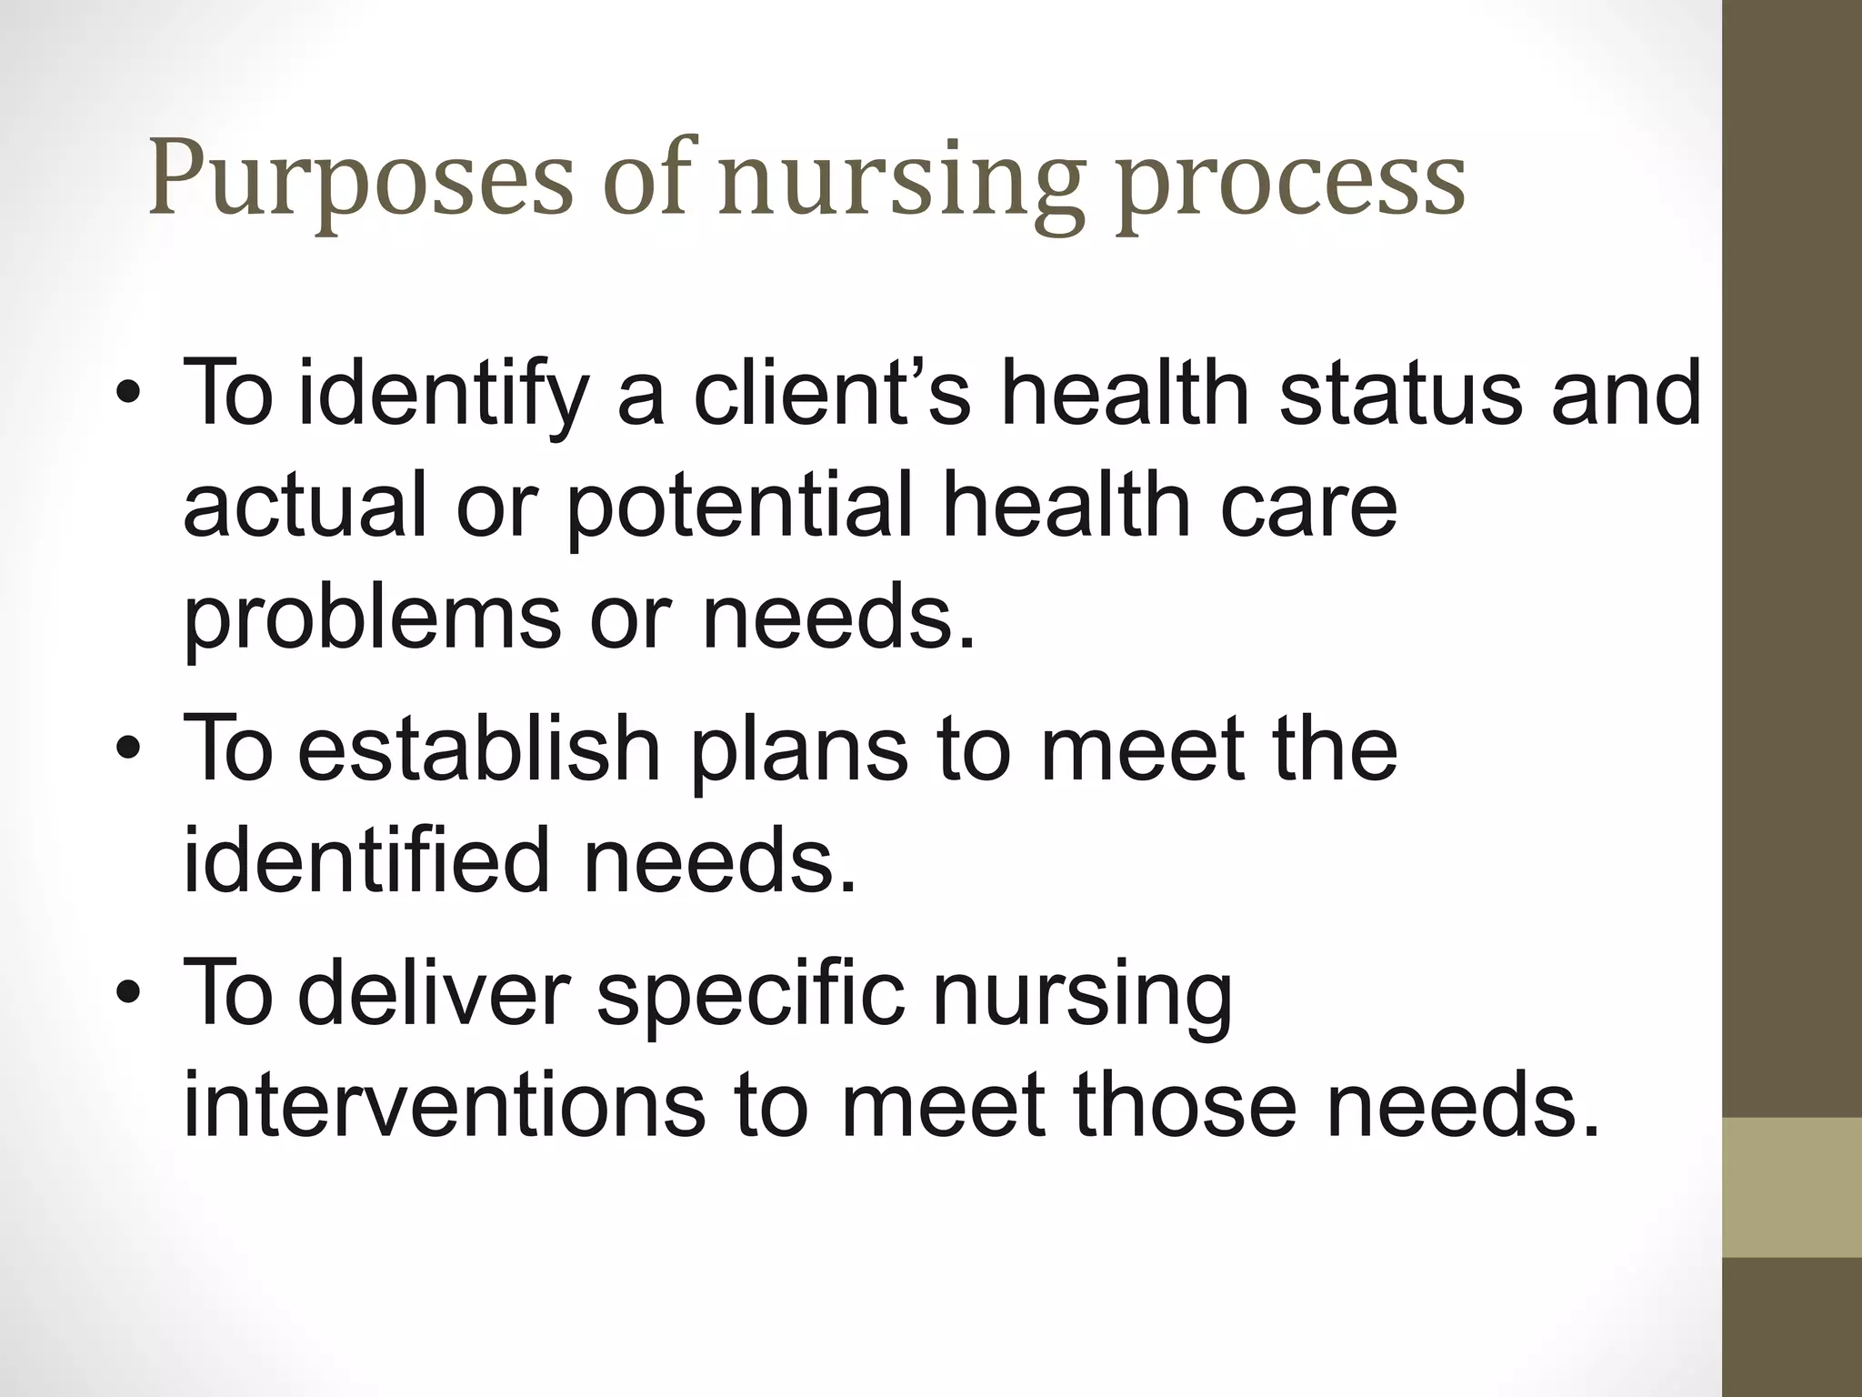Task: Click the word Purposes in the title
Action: pos(361,180)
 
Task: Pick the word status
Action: pos(1401,393)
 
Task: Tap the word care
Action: pos(1308,508)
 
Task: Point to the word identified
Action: pos(366,859)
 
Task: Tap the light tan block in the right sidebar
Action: pos(1792,1188)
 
